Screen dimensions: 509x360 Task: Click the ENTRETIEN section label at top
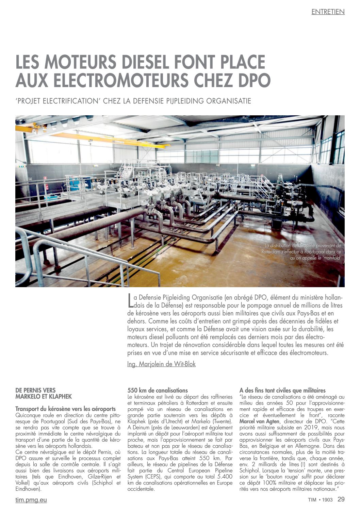(x=328, y=12)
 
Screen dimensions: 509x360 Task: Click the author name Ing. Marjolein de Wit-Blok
(x=161, y=364)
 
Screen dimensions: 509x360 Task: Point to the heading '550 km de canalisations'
(x=157, y=390)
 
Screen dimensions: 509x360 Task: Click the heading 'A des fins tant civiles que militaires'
(x=282, y=390)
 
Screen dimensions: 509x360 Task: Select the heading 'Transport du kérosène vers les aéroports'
(x=65, y=409)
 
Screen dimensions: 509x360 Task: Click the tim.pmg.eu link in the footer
(x=31, y=500)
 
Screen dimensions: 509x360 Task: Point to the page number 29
(x=341, y=499)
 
